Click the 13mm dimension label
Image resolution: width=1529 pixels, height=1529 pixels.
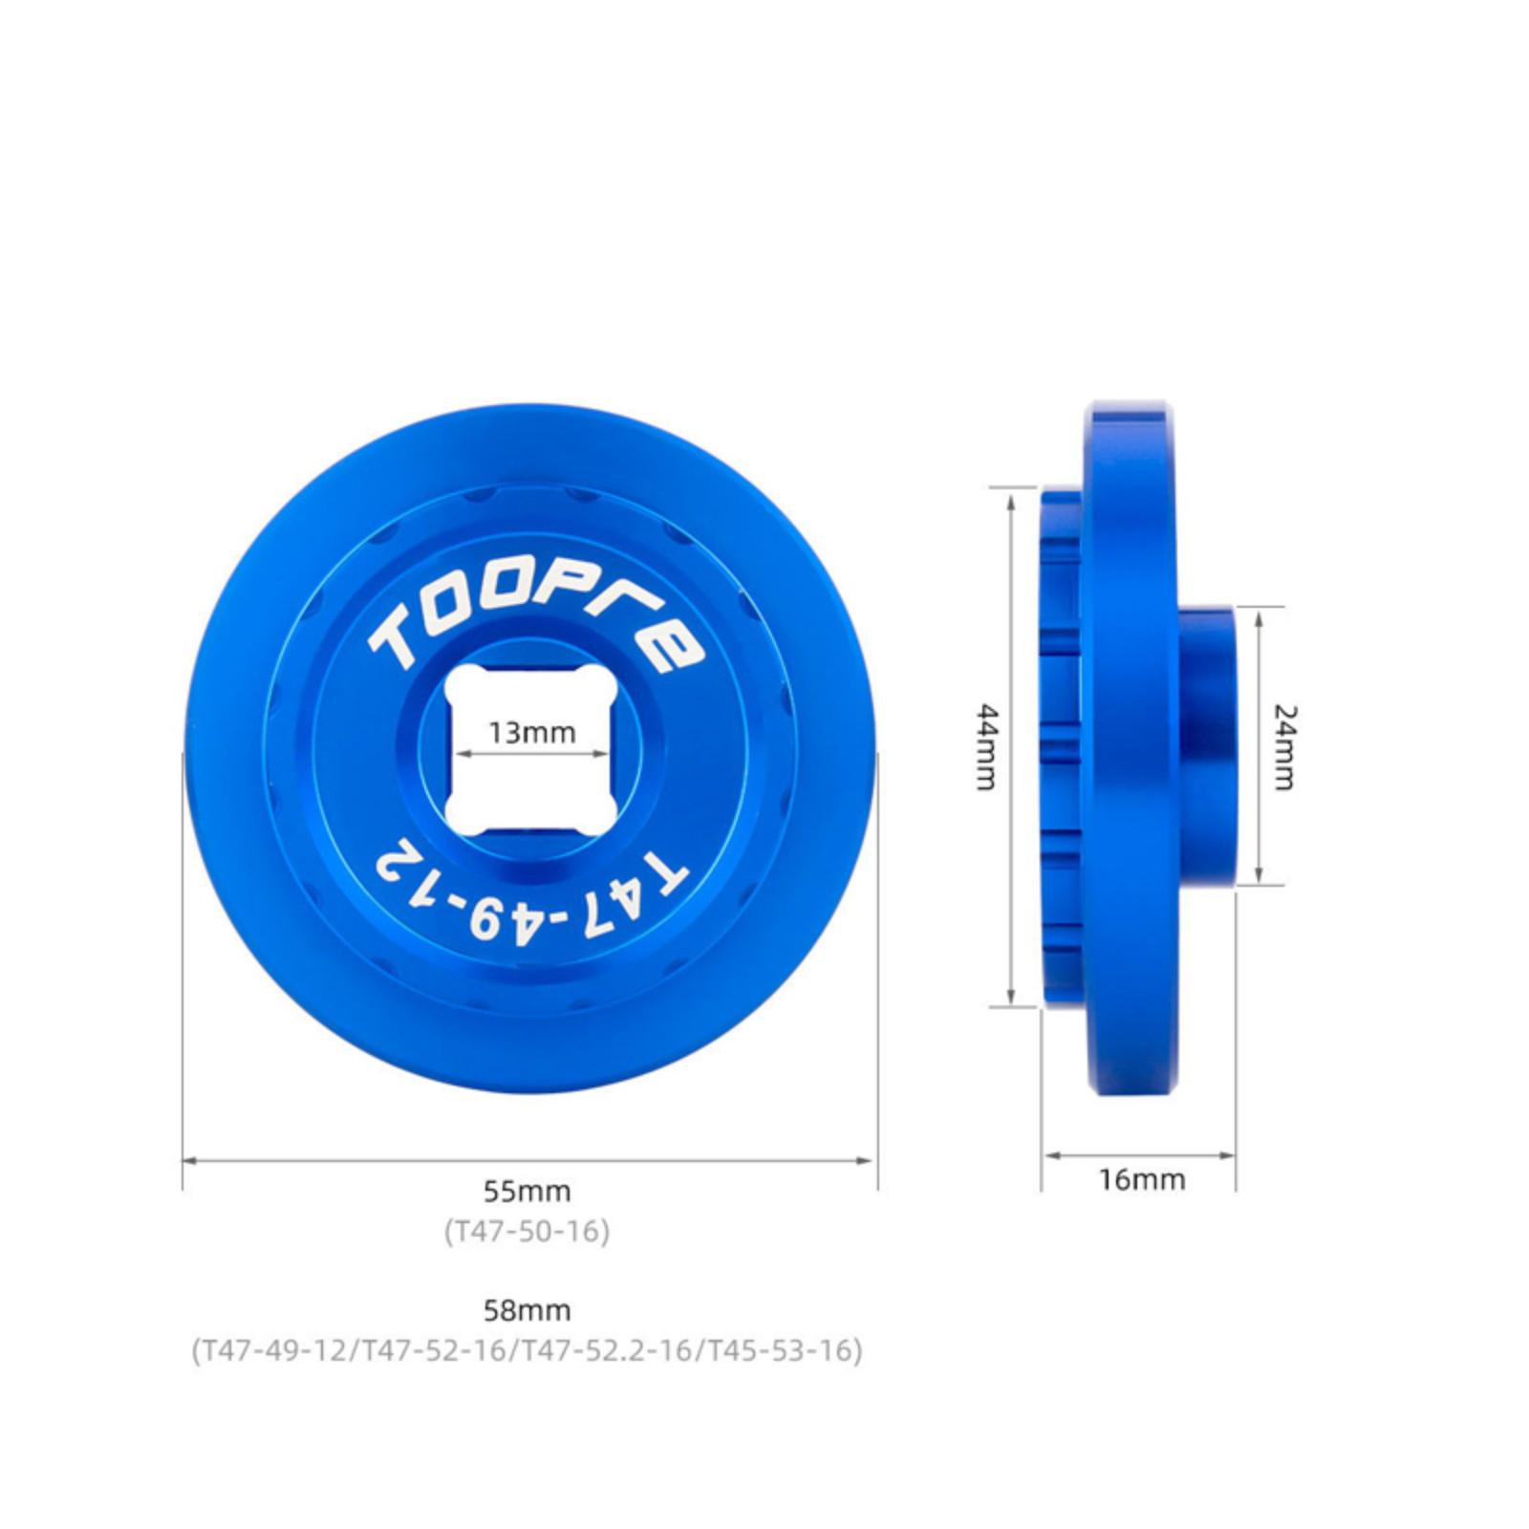pyautogui.click(x=532, y=733)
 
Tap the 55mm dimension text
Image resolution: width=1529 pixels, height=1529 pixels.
pyautogui.click(x=528, y=1192)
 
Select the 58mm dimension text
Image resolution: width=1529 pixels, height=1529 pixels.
pyautogui.click(x=528, y=1310)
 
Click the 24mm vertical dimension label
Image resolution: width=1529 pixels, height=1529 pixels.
pyautogui.click(x=1285, y=747)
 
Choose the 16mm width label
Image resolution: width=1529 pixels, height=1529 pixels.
pyautogui.click(x=1142, y=1179)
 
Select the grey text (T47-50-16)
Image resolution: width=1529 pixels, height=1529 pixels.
pyautogui.click(x=527, y=1231)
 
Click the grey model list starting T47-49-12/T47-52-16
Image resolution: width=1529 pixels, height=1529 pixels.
pyautogui.click(x=528, y=1350)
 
